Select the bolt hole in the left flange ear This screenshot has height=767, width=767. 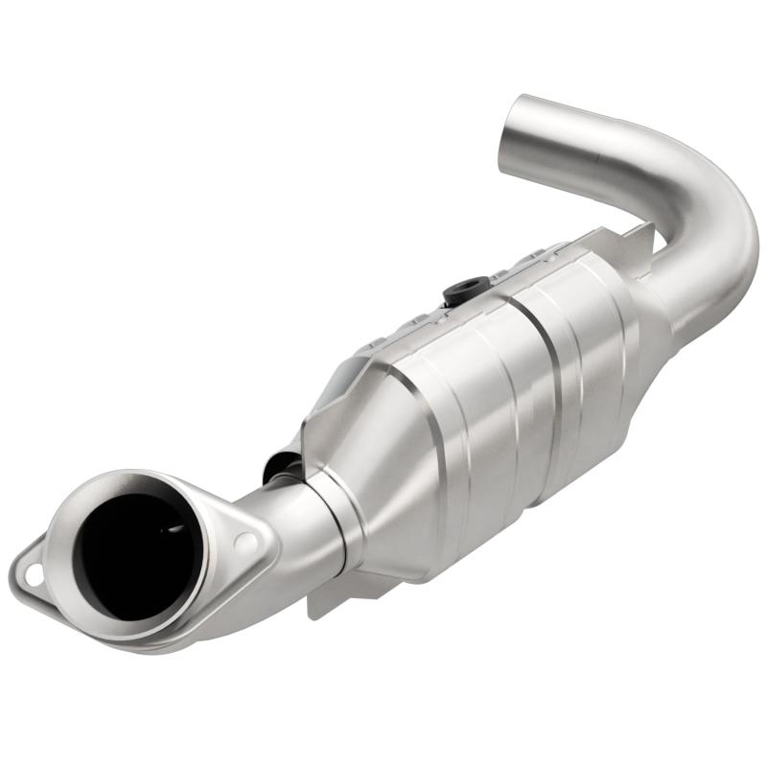point(34,576)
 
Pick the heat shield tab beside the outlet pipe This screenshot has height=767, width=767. point(637,236)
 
